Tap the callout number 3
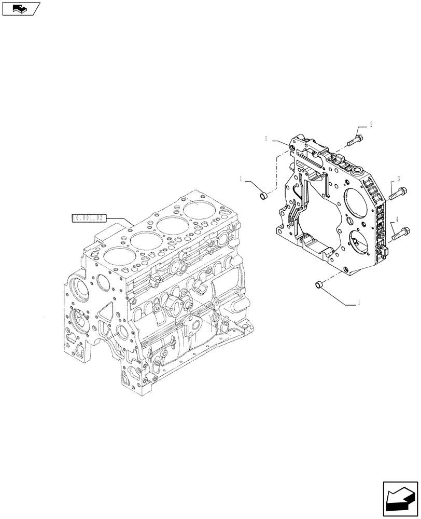click(398, 179)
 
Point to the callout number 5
click(266, 139)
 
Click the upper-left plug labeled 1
click(263, 196)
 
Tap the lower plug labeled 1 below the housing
click(320, 284)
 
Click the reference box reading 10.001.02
click(89, 217)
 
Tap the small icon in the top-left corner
click(20, 8)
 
